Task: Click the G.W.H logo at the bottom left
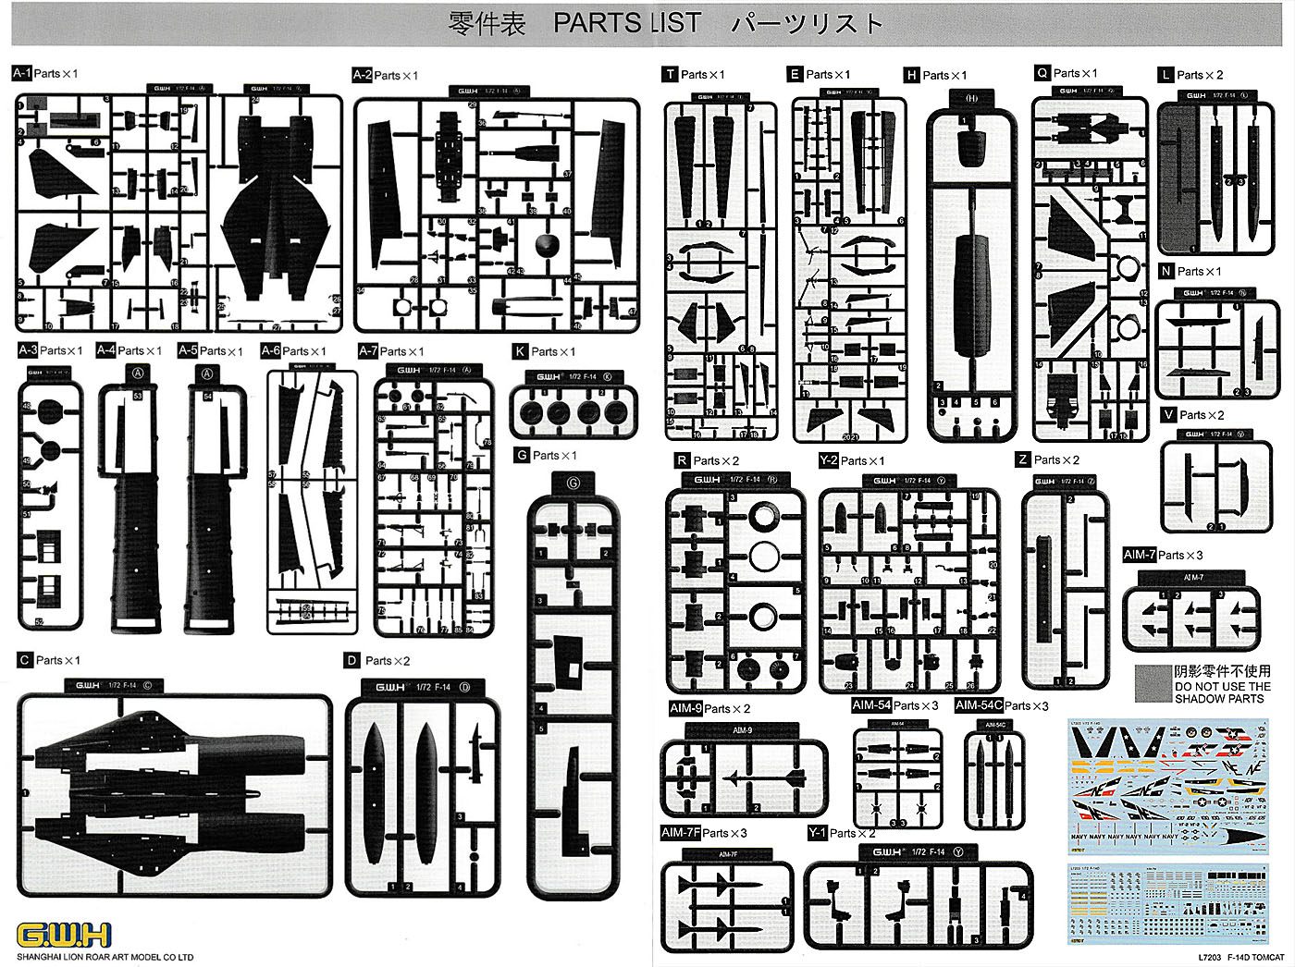tap(64, 934)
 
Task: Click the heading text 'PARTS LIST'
tap(627, 23)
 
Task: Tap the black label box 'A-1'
tap(22, 73)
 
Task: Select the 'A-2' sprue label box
tap(363, 75)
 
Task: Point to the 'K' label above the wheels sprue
tap(520, 351)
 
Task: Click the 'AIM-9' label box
tap(685, 708)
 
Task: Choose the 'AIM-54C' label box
tap(979, 705)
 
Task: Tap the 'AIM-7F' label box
tap(680, 833)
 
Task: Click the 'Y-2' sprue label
tap(828, 460)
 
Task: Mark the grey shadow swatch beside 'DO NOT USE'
tap(1153, 683)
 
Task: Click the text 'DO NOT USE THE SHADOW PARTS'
tap(1222, 692)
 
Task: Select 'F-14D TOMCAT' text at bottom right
tap(1256, 958)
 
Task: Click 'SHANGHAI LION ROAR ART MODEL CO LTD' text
tap(105, 957)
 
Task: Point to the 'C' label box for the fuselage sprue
tap(25, 660)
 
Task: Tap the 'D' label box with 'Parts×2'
tap(351, 660)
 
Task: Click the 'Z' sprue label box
tap(1022, 459)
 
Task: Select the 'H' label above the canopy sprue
tap(912, 75)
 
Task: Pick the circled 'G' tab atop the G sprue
tap(573, 483)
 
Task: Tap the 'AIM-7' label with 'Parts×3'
tap(1139, 555)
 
